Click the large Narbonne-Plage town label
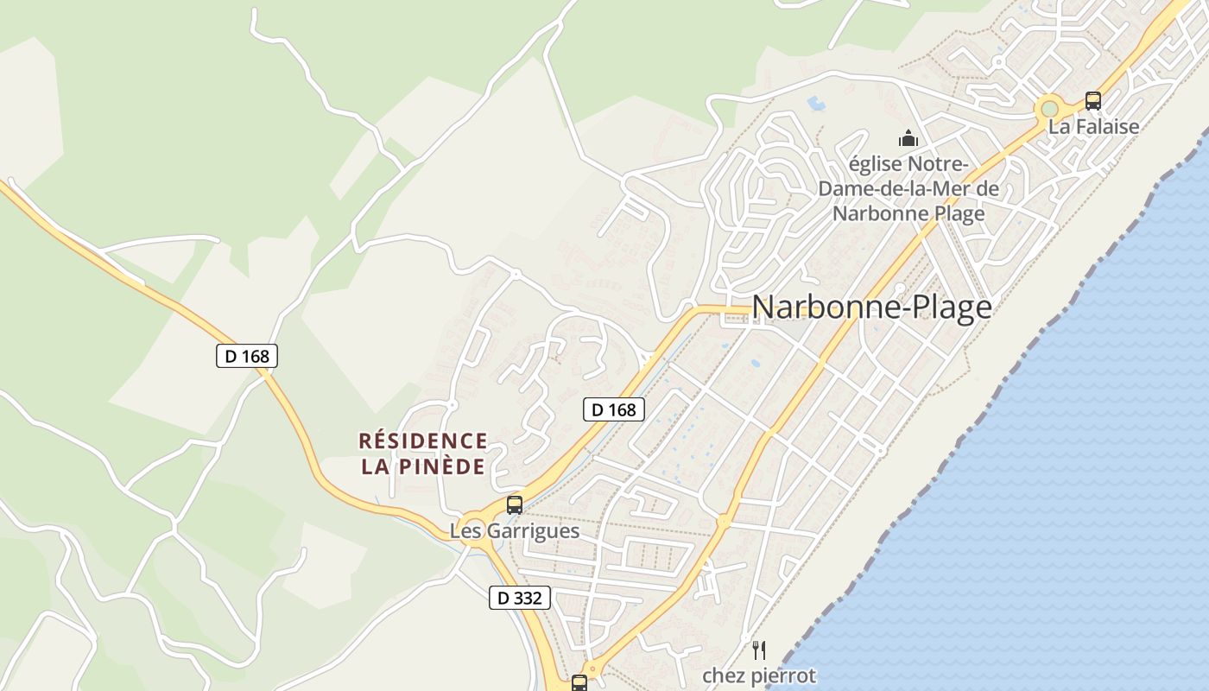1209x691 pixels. tap(871, 307)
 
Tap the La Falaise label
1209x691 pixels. tap(1093, 126)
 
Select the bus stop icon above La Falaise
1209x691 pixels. tap(1093, 100)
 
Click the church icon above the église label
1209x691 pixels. tap(908, 138)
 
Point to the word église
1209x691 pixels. tap(875, 164)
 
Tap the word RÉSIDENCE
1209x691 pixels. tap(423, 441)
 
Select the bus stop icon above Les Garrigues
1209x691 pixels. tap(515, 504)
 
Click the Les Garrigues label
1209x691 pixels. tap(515, 530)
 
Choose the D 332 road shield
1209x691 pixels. tap(520, 597)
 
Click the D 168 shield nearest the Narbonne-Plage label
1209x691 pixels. tap(614, 409)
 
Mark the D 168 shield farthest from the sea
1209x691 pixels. tap(247, 356)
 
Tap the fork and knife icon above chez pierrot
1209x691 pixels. tap(759, 650)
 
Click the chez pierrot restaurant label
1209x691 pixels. tap(759, 675)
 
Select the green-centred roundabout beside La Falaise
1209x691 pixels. tap(1049, 109)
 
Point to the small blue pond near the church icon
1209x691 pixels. tap(815, 104)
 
